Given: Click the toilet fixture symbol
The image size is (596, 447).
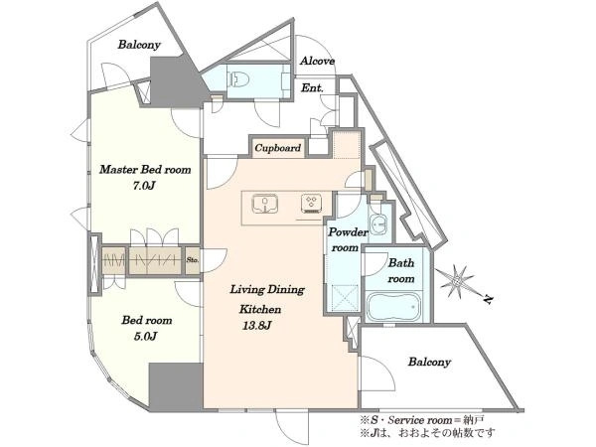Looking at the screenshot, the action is point(239,80).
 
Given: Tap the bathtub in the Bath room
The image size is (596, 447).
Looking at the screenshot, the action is point(393,306).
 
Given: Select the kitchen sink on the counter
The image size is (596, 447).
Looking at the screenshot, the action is point(265,204).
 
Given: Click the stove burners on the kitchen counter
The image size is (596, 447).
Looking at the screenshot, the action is point(311,204).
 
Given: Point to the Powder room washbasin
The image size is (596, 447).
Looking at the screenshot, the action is point(377,223).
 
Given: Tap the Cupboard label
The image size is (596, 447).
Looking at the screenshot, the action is point(278,147).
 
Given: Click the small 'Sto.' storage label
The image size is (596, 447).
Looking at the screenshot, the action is point(193,260).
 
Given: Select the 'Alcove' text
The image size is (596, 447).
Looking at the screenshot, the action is point(318,61).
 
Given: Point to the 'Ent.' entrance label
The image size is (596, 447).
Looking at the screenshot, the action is point(312,88).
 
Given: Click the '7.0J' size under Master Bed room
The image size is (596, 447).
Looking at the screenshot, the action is point(144,186).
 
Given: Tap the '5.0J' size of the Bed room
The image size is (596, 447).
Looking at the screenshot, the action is point(146,336).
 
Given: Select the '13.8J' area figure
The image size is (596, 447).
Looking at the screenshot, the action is point(256,326).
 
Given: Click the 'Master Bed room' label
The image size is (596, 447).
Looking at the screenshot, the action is point(145,170).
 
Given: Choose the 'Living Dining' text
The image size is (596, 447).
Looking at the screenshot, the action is point(267,290).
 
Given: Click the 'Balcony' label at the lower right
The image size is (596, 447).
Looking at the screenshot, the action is point(429,362).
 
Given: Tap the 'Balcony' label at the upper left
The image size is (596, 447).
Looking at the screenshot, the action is point(139,45).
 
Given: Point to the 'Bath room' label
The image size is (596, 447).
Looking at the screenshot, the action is point(401,270).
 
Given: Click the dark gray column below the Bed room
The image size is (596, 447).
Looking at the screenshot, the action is point(175,387).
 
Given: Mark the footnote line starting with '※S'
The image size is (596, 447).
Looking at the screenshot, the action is point(422,420).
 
